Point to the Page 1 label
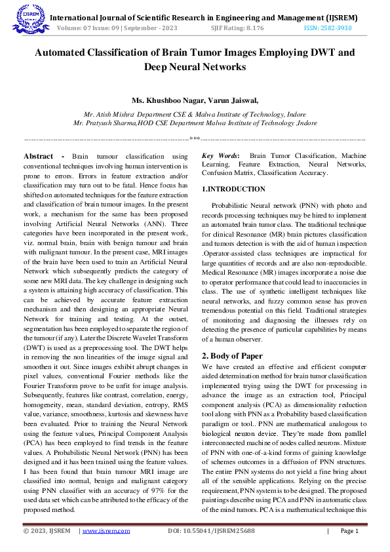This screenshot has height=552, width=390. point(349,530)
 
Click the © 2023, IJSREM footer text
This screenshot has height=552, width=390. point(47,530)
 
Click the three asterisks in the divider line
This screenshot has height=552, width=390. point(195,139)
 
